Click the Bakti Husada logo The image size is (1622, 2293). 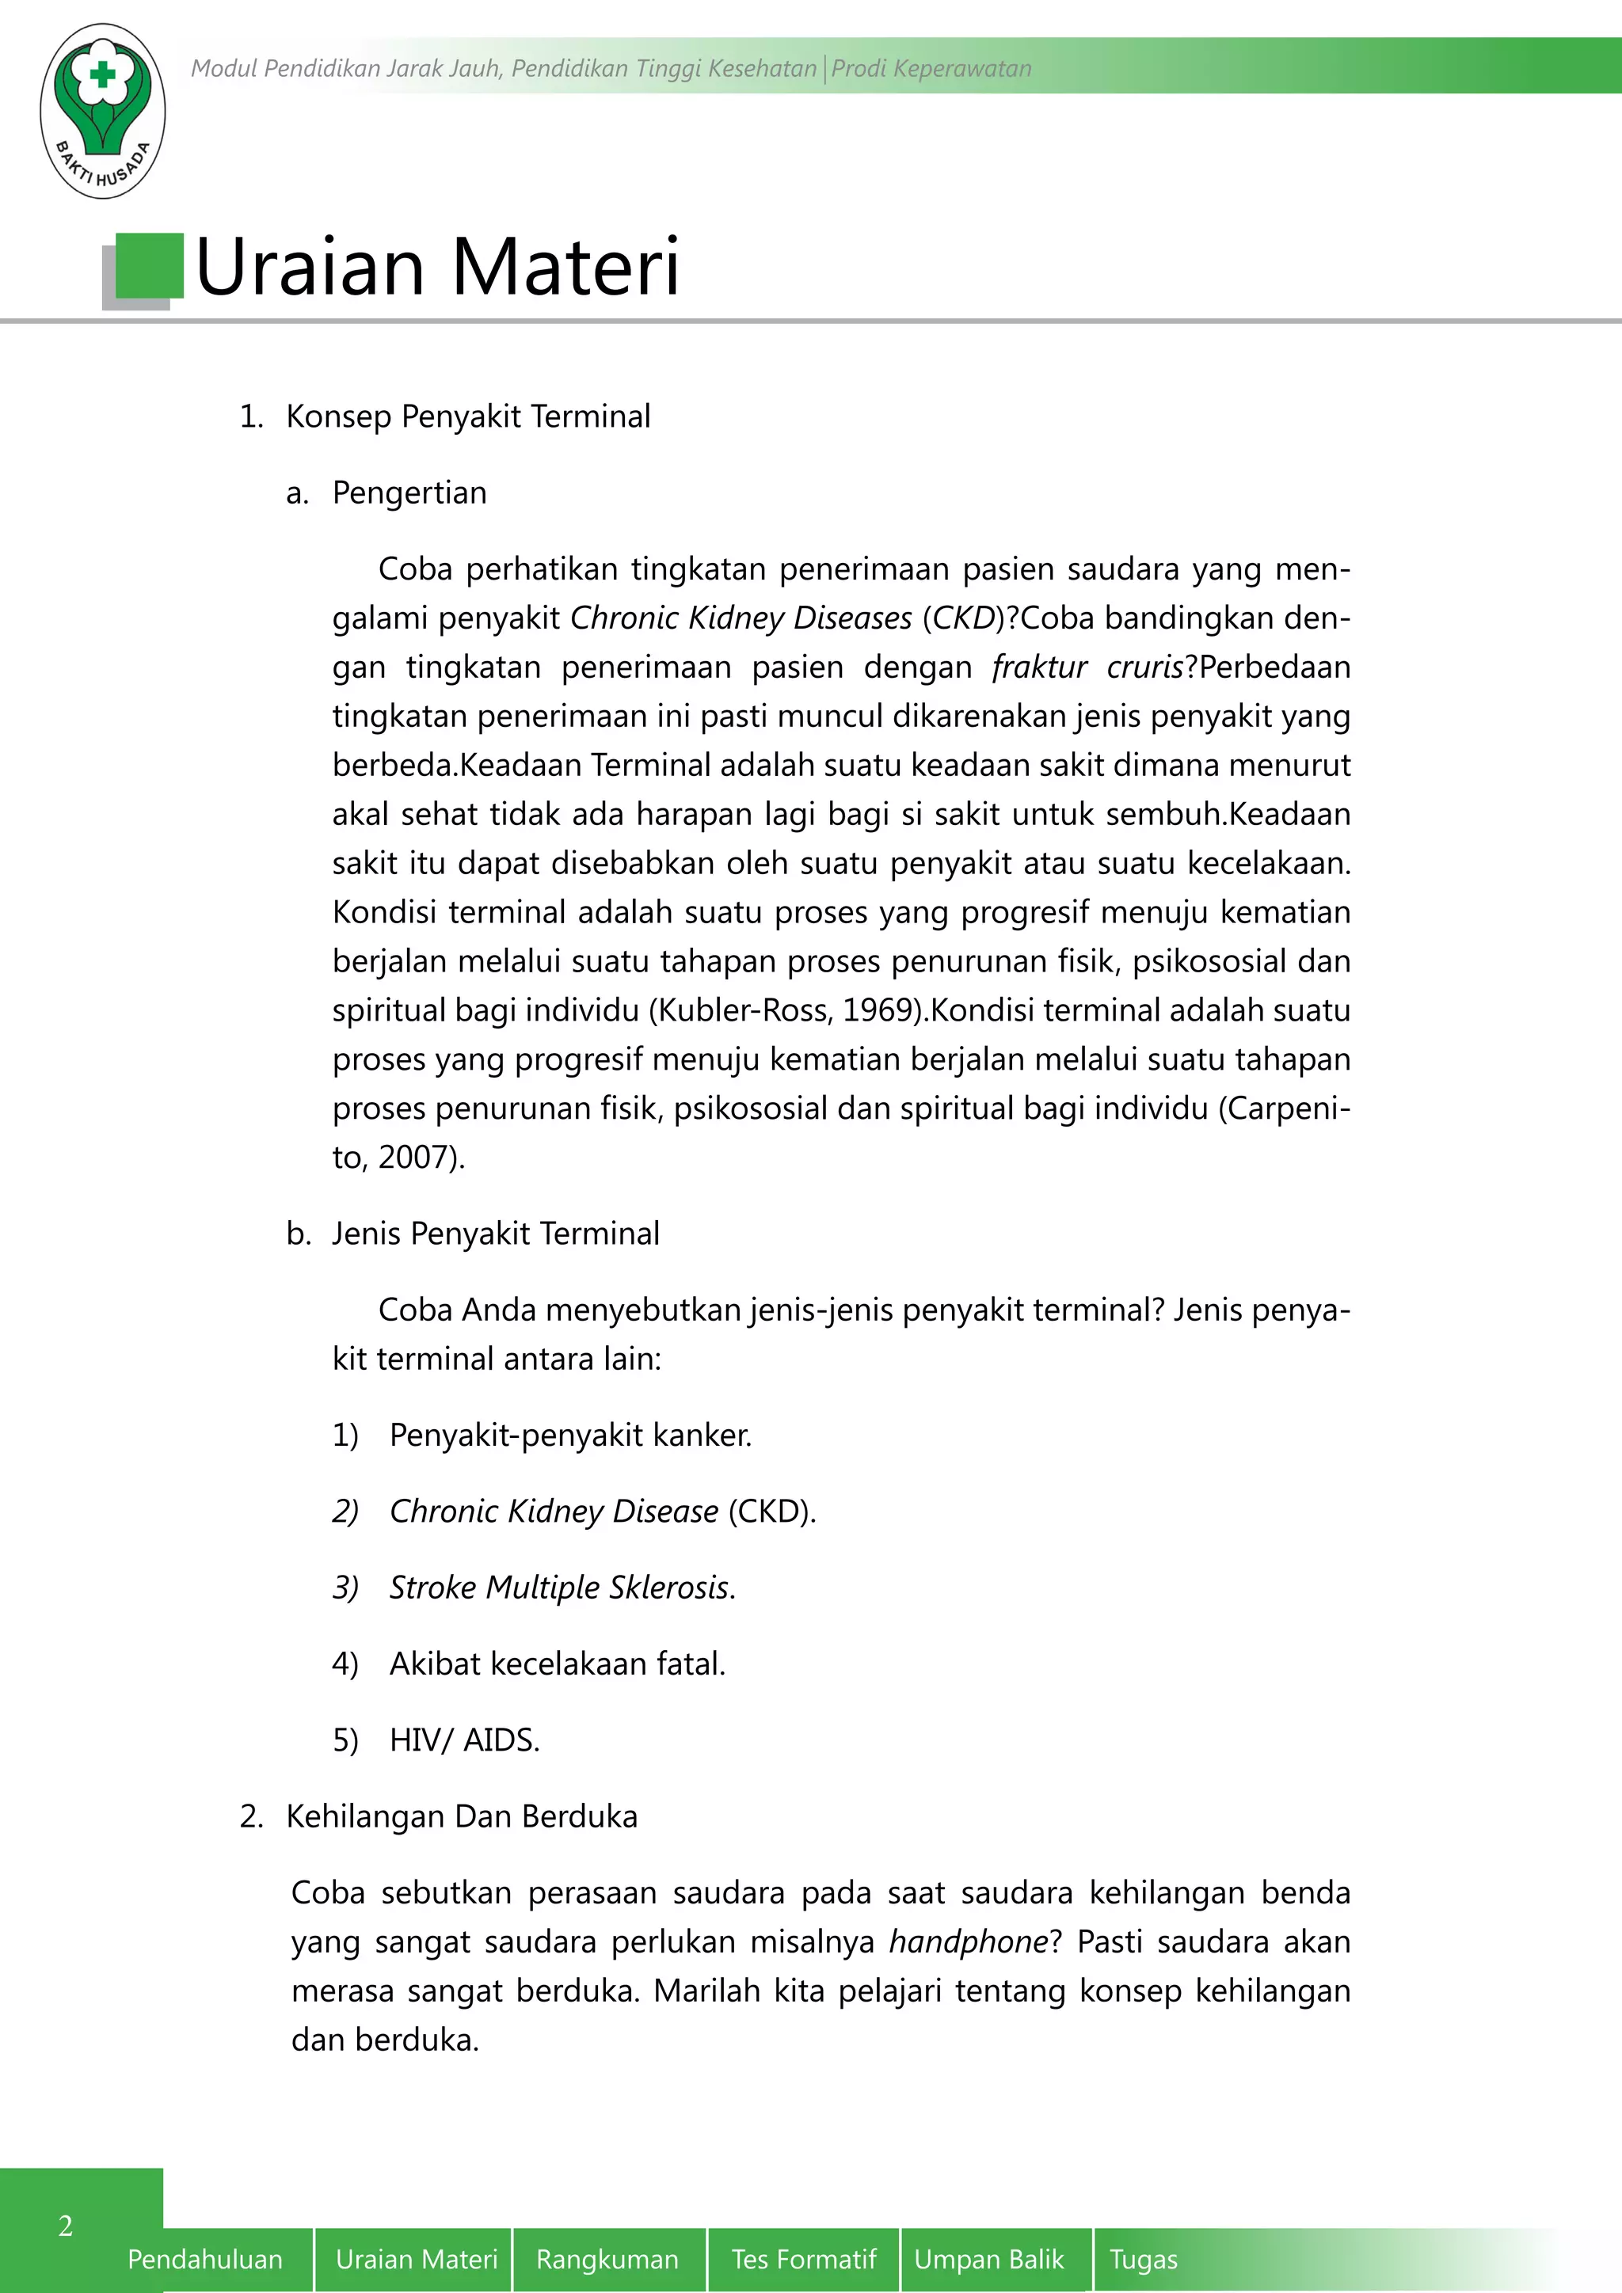pos(102,110)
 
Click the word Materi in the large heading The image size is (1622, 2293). pos(565,268)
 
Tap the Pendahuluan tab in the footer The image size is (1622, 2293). pos(205,2259)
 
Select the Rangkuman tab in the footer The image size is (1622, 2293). pos(606,2259)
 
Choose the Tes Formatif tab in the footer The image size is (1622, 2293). pos(803,2259)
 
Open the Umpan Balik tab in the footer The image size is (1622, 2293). pos(988,2259)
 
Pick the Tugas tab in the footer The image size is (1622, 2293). pos(1143,2259)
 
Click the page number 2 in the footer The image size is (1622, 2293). pos(66,2226)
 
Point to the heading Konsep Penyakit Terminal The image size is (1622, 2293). pos(467,416)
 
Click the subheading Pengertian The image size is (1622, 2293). pos(409,493)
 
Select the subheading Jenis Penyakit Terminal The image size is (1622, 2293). pos(495,1234)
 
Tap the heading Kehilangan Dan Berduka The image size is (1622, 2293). pos(462,1816)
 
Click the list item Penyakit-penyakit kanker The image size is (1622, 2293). pos(569,1436)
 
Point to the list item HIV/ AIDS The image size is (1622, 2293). pos(464,1740)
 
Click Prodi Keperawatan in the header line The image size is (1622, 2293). pos(931,69)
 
